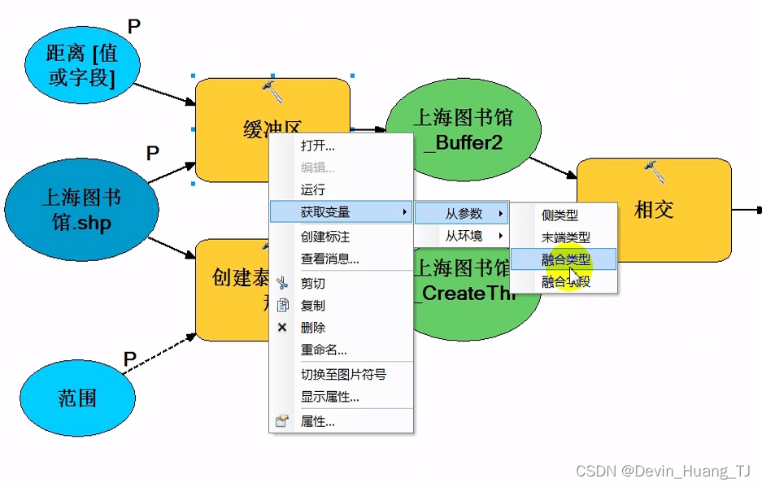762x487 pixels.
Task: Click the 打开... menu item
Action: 318,146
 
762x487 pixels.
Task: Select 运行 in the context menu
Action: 313,189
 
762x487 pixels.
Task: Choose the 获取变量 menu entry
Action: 325,212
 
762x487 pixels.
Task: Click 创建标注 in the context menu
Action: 325,237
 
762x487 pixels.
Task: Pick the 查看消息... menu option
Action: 329,259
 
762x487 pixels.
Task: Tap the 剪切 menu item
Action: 313,283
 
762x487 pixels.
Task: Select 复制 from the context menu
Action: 313,306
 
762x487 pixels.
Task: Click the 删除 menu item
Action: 313,328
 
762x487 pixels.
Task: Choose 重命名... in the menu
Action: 324,350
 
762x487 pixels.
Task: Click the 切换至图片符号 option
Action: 343,374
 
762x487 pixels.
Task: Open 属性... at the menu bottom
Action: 318,421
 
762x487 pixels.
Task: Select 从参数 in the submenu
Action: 464,214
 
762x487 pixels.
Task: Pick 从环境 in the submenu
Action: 464,236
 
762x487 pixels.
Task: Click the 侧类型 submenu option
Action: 560,215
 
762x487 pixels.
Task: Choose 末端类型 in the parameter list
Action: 566,237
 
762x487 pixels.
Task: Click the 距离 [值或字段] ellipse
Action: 81,65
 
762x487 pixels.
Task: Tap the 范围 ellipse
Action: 77,398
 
